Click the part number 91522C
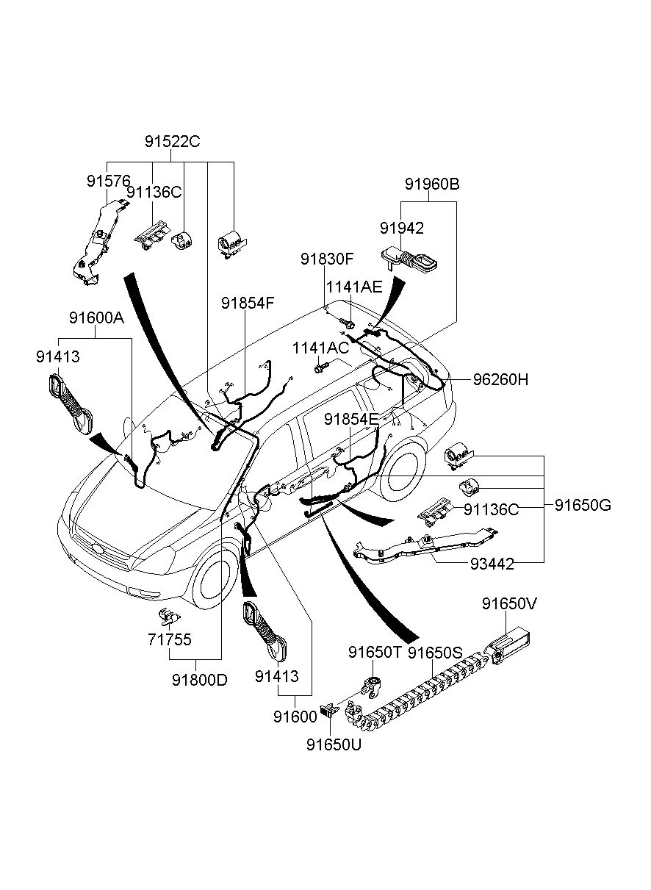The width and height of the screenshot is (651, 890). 172,141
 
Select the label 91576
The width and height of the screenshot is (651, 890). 109,182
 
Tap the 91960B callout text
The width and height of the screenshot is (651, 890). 432,184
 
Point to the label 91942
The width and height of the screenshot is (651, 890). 402,228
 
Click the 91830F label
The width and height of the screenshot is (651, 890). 327,259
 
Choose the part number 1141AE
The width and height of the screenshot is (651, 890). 354,287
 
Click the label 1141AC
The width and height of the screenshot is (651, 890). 320,348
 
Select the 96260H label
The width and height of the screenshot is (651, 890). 500,379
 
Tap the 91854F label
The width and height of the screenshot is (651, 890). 248,303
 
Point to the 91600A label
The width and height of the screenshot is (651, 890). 96,317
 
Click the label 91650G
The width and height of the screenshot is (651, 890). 583,506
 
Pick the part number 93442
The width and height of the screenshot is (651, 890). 492,564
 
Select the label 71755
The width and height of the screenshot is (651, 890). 170,639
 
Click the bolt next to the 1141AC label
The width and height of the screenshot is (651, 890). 321,367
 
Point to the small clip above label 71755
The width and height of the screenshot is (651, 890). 168,617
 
